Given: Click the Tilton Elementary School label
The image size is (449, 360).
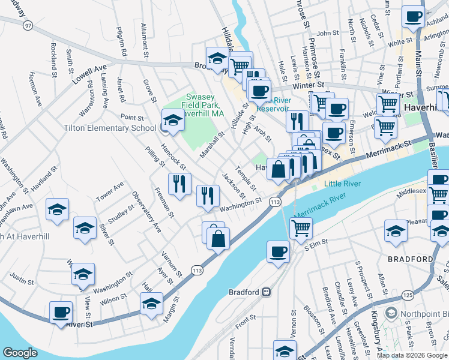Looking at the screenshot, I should (110, 128).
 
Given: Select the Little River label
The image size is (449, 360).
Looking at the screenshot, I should (343, 184).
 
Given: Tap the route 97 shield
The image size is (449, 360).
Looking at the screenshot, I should (28, 25).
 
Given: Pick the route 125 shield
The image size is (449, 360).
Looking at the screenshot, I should (408, 295).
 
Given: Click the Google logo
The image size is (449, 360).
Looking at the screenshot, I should (20, 352).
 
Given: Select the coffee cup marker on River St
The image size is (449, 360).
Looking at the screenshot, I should (61, 313).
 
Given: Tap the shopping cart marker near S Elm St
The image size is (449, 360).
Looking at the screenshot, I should (301, 227).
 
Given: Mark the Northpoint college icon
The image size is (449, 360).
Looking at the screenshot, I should (391, 313).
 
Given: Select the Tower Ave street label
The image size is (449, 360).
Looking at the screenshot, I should (109, 191).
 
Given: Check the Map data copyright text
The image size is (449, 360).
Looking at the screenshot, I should (412, 355).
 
